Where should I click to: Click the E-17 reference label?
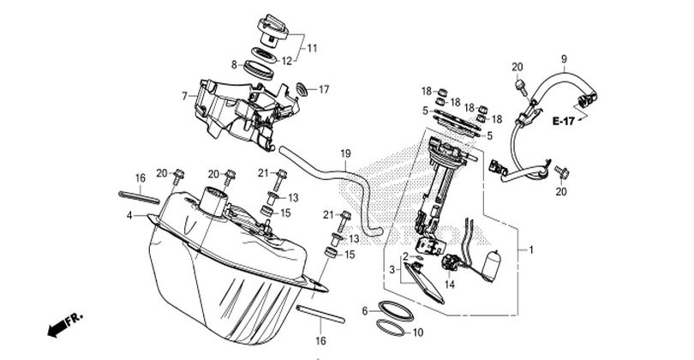coord(564,121)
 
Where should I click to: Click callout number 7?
coord(184,96)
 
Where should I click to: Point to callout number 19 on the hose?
coord(345,154)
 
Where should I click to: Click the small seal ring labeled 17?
coord(302,88)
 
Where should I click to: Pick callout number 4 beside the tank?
coord(129,216)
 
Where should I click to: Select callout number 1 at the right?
coord(531,250)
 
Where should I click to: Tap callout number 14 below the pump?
coord(449,285)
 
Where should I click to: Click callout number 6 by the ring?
coord(365,311)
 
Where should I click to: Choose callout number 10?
coord(418,332)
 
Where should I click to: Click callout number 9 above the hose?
coord(564,58)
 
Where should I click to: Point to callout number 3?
coord(392,269)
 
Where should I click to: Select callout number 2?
coord(405,256)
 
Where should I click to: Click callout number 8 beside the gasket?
coord(234,64)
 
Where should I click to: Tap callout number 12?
coord(287,61)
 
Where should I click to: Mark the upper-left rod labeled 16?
coord(139,197)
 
